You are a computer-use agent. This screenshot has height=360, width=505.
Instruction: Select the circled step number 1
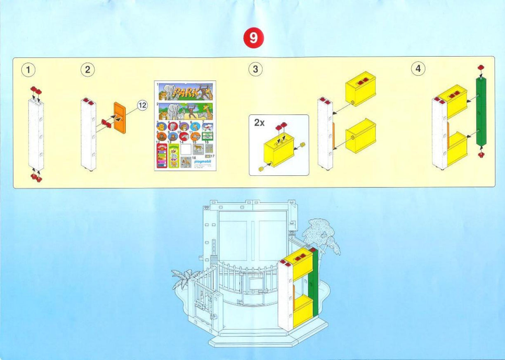click(28, 69)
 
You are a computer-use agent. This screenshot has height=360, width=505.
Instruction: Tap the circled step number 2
click(87, 69)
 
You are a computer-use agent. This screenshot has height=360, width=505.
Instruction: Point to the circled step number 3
click(255, 69)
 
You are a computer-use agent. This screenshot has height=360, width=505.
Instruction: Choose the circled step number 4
click(418, 69)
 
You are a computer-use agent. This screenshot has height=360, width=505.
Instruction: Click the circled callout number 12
click(142, 105)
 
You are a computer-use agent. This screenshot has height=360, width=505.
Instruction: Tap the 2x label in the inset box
click(260, 123)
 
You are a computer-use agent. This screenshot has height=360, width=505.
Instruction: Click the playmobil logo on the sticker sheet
click(203, 161)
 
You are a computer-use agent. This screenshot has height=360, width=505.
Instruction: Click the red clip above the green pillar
click(481, 67)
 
